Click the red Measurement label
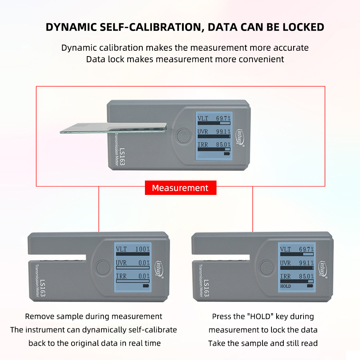[x=181, y=188]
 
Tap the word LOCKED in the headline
[x=303, y=27]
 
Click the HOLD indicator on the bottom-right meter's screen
[x=286, y=286]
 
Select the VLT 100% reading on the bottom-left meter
[x=133, y=249]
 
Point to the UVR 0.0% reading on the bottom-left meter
[x=133, y=263]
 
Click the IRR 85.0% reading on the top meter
[x=214, y=145]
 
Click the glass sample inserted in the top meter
[x=113, y=128]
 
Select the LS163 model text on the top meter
[x=122, y=157]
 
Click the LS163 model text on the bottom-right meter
[x=206, y=288]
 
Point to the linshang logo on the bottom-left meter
[x=158, y=269]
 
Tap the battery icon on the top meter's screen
[x=227, y=154]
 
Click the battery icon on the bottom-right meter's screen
[x=310, y=286]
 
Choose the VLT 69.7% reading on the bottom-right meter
[x=297, y=249]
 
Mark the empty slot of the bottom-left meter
[x=57, y=258]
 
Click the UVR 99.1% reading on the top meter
[x=214, y=132]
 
